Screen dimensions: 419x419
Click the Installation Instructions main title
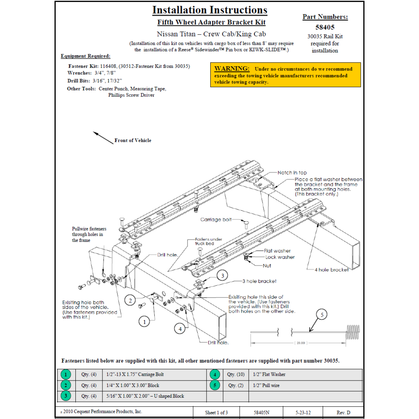209,10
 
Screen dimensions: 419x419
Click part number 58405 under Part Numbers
325,27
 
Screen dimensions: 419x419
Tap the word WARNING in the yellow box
232,69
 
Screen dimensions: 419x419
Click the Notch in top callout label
292,173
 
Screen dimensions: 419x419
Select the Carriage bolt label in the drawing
216,219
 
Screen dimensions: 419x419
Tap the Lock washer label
280,257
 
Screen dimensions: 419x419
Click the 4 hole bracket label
331,270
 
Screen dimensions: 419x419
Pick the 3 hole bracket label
259,281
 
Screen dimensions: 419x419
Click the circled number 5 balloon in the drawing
322,315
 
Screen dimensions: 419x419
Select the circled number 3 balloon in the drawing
222,275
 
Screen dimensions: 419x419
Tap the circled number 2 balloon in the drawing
130,300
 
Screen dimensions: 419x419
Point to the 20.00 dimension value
301,343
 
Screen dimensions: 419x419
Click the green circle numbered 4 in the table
215,374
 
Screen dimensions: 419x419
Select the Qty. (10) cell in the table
236,374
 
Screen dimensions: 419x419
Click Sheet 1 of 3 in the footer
216,413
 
